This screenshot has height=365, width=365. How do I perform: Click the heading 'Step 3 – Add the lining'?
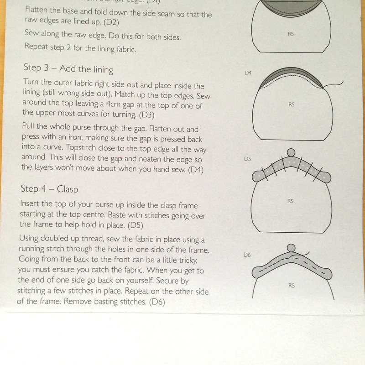tap(68, 69)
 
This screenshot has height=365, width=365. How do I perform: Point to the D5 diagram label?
tap(248, 160)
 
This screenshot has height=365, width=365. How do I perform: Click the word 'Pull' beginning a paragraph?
tap(29, 130)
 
